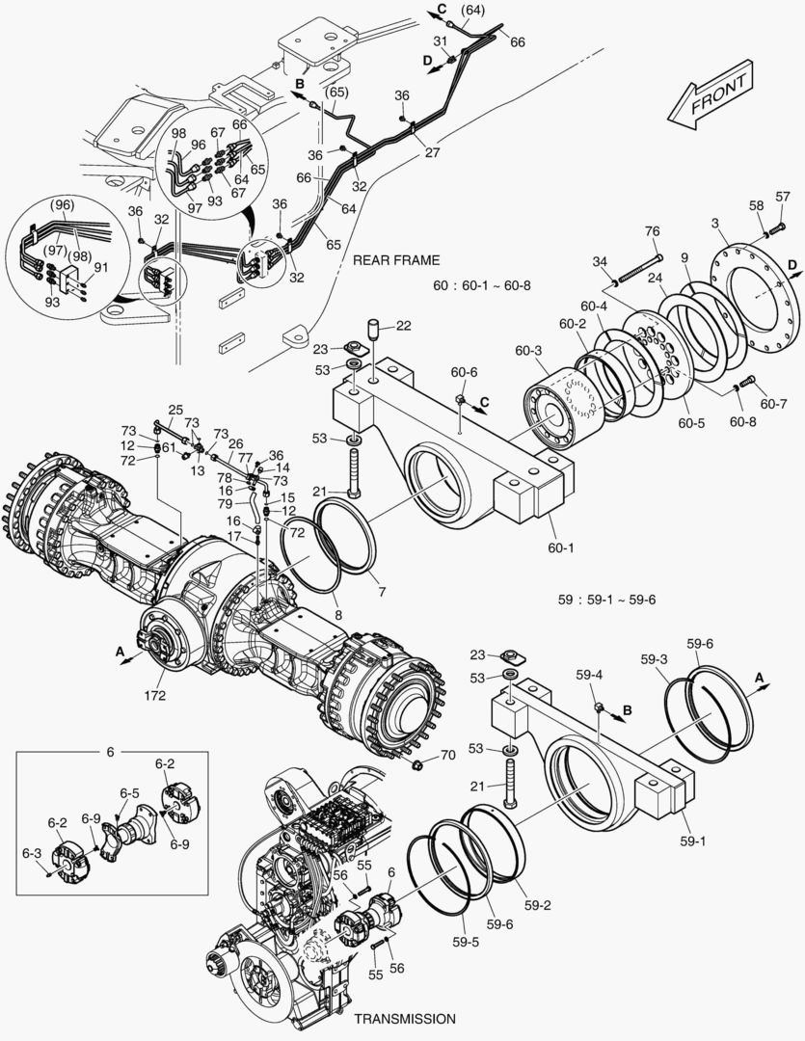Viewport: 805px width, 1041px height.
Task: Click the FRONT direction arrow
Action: click(x=711, y=97)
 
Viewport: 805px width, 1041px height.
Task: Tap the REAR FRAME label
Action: click(x=396, y=260)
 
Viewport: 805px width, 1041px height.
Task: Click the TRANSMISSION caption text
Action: click(x=404, y=1018)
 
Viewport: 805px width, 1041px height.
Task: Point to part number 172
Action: click(x=155, y=695)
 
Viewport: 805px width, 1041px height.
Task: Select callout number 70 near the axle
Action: click(x=447, y=755)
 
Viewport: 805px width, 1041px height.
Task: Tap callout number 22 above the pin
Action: click(x=403, y=325)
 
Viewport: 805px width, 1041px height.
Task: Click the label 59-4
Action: click(x=589, y=675)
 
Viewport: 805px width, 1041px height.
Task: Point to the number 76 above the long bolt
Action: click(x=653, y=230)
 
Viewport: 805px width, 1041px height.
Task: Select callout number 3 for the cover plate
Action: click(x=716, y=224)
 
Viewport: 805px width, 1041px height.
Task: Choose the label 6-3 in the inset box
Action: click(x=32, y=853)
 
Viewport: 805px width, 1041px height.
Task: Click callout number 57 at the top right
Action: click(x=782, y=197)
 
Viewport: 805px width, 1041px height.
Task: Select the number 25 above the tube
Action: click(x=175, y=409)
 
